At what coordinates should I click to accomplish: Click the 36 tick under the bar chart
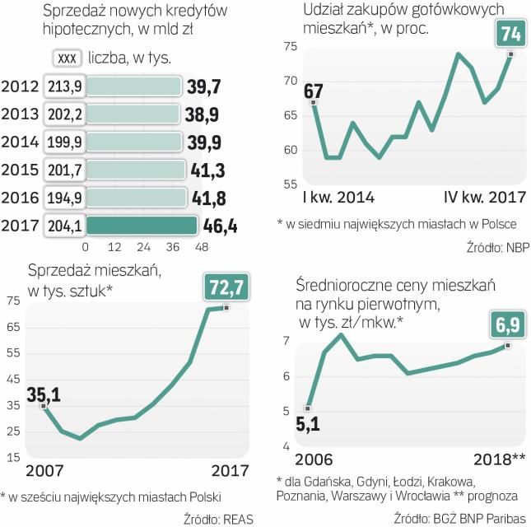172,247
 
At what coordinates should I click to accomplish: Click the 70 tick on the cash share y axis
289,81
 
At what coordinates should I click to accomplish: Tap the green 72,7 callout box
226,288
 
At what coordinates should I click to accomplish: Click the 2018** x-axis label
492,458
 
